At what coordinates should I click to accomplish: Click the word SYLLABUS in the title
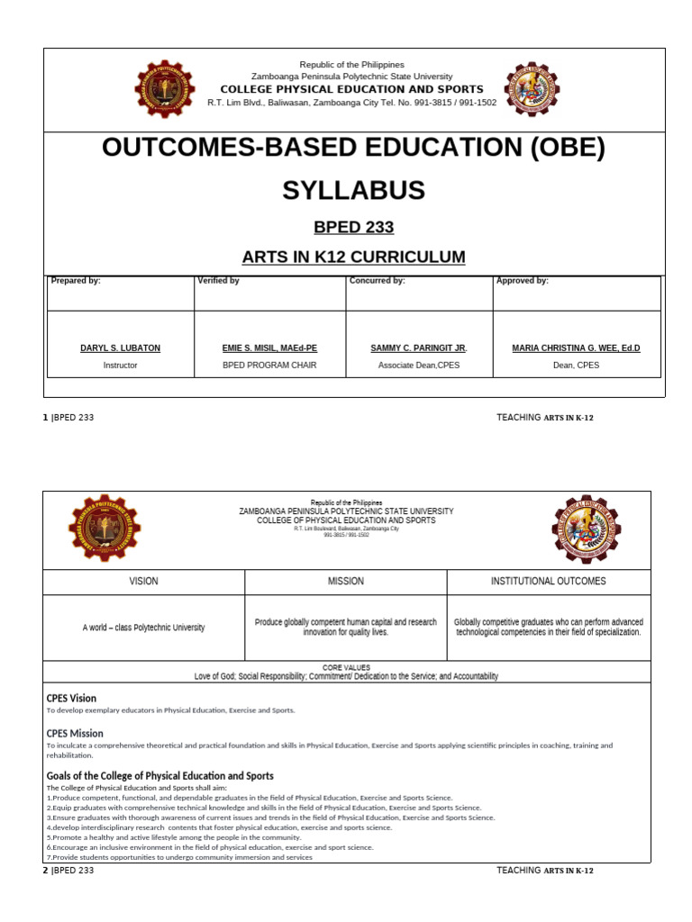[353, 190]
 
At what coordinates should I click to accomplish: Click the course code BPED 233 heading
[353, 227]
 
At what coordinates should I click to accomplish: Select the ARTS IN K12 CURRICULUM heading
[353, 258]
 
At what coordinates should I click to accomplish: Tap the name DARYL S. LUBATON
[120, 348]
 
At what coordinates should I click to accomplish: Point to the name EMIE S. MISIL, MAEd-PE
[269, 348]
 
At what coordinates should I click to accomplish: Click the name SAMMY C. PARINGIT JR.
[419, 348]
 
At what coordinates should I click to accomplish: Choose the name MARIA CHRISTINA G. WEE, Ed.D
[576, 348]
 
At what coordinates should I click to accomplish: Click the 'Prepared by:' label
[76, 281]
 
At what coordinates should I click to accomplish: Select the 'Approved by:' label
[522, 281]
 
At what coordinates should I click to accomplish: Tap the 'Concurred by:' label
[377, 281]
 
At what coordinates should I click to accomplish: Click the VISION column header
[143, 582]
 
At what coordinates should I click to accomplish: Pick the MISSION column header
[346, 582]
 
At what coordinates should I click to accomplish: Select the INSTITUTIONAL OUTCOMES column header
[548, 582]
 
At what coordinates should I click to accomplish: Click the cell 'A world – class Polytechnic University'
[143, 628]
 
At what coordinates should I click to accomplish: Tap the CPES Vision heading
[71, 698]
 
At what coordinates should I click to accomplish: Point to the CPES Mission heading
[75, 733]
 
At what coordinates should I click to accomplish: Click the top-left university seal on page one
[164, 89]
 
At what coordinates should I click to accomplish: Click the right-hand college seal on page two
[586, 529]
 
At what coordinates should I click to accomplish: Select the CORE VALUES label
[346, 667]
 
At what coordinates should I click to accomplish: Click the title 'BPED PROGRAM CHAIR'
[269, 366]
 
